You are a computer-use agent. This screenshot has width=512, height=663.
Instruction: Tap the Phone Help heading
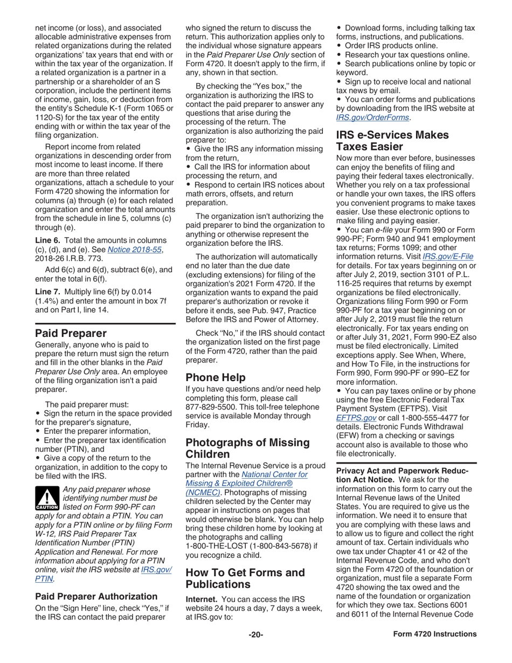pyautogui.click(x=216, y=377)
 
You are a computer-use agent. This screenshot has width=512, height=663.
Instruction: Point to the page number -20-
pyautogui.click(x=255, y=649)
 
